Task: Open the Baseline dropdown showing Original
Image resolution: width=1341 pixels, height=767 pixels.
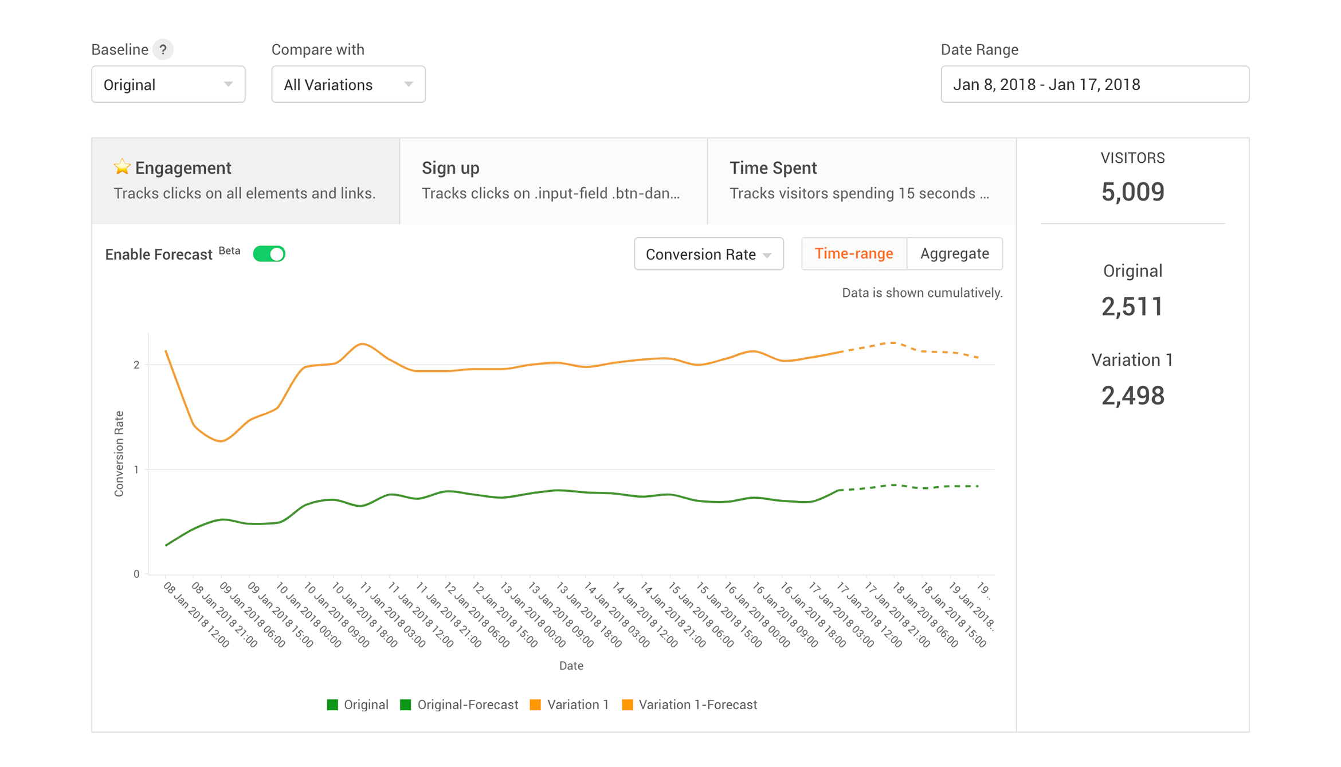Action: coord(168,84)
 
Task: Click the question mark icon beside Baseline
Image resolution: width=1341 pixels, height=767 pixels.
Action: coord(163,49)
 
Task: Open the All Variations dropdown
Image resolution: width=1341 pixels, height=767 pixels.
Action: coord(348,84)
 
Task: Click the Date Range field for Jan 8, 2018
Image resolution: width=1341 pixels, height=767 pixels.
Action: coord(1094,84)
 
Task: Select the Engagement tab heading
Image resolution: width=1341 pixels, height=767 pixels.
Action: coord(183,168)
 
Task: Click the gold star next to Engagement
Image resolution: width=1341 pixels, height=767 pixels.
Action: coord(121,167)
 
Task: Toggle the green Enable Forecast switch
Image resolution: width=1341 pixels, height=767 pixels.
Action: coord(269,254)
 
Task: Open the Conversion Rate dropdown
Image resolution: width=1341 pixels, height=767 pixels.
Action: coord(708,254)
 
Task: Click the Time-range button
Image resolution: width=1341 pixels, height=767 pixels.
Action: coord(853,253)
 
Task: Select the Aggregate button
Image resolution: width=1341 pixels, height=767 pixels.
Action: coord(954,253)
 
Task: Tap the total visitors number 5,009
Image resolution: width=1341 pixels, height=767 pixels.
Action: coord(1132,191)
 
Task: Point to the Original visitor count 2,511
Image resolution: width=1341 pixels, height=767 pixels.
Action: coord(1132,307)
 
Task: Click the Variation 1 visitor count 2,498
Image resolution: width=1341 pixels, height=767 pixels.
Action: coord(1132,396)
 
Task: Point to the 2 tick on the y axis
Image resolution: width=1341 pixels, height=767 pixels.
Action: coord(136,365)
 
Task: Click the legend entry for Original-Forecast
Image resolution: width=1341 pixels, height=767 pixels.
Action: coord(460,705)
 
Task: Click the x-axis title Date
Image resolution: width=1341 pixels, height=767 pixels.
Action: coord(571,666)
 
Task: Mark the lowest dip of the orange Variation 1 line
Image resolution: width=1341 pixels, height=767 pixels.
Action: coord(221,441)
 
